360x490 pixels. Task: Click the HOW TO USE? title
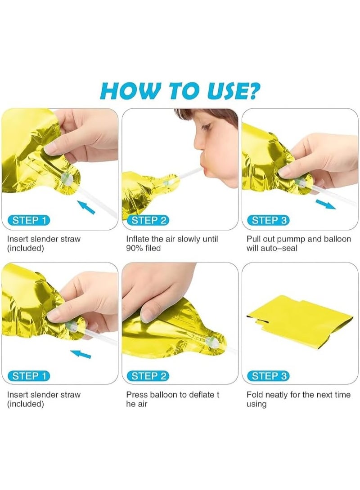coord(180,90)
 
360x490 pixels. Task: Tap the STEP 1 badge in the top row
coord(29,220)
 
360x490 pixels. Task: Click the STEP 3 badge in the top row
coord(269,220)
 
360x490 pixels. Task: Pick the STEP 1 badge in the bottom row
coord(29,376)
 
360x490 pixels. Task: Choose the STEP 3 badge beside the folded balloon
coord(269,376)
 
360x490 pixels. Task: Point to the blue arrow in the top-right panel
coord(326,205)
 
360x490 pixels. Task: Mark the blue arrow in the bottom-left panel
coord(81,354)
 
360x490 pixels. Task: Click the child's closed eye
coord(206,127)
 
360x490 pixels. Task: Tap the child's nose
coord(199,144)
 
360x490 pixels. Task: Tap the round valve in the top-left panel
coord(67,179)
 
